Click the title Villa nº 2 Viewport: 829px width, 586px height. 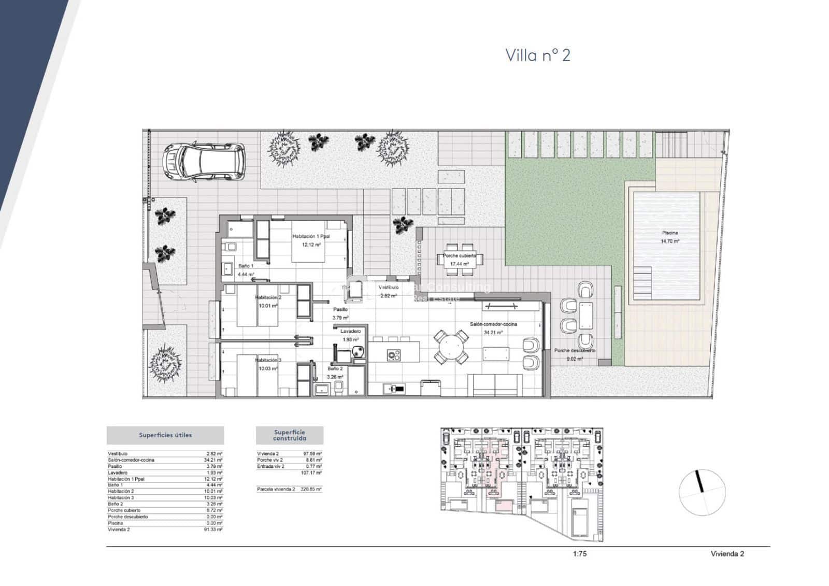click(x=537, y=55)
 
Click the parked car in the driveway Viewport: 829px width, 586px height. click(x=204, y=161)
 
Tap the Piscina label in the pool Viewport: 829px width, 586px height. click(x=669, y=233)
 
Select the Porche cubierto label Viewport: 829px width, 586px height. click(x=459, y=256)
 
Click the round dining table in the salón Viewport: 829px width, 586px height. click(x=449, y=347)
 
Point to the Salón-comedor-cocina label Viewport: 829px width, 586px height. click(x=493, y=324)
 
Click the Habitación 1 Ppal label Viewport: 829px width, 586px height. click(x=311, y=237)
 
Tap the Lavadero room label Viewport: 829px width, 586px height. click(x=350, y=331)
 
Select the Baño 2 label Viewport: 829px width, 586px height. click(x=335, y=369)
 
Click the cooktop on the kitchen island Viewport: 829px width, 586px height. click(x=394, y=355)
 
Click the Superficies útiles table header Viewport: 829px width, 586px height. click(x=165, y=435)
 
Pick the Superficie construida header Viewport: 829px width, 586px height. click(x=290, y=435)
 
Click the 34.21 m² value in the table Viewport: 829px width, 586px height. click(x=213, y=460)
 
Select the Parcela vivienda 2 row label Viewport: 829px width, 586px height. click(x=276, y=489)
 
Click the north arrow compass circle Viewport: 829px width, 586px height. click(x=702, y=492)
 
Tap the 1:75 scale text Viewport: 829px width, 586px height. click(x=580, y=554)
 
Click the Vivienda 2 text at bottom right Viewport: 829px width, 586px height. click(x=727, y=554)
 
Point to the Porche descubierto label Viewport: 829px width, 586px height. click(x=574, y=351)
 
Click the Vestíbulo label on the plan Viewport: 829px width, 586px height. click(x=388, y=288)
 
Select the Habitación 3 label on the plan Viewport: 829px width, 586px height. click(x=268, y=360)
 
